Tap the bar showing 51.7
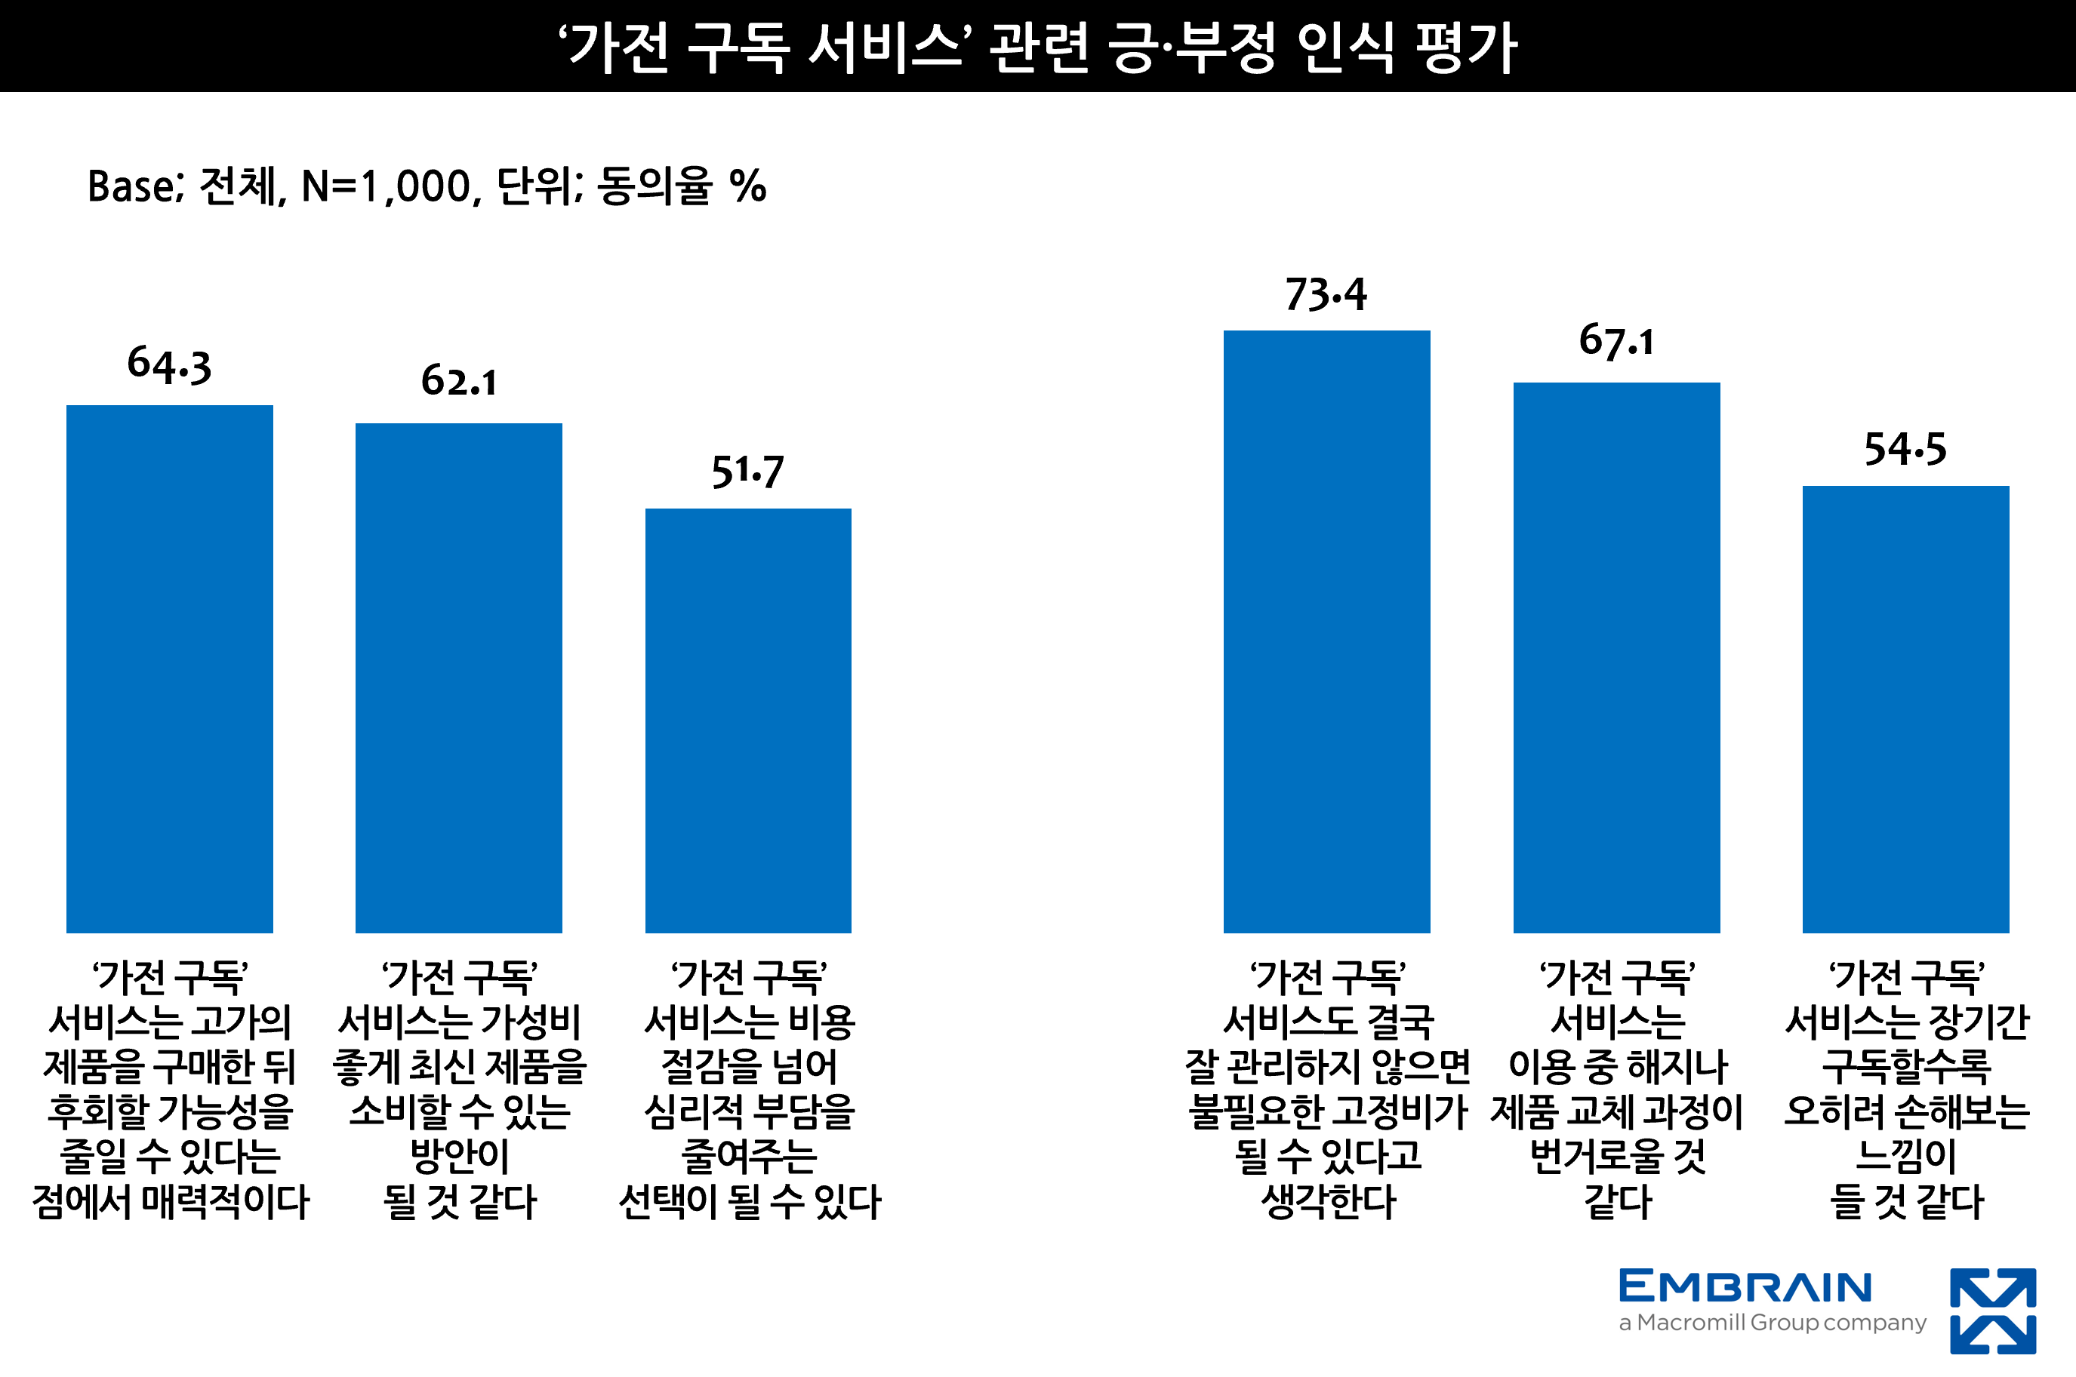click(x=747, y=720)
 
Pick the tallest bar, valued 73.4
click(x=1326, y=631)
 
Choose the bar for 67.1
click(x=1616, y=657)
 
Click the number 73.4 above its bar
click(x=1326, y=294)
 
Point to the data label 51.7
click(x=747, y=472)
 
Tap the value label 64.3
click(x=170, y=364)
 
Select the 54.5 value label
click(x=1905, y=450)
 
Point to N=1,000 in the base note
click(x=391, y=187)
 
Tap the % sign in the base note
click(x=747, y=187)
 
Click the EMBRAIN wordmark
click(x=1745, y=1286)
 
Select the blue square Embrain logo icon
click(x=1992, y=1311)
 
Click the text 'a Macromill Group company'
click(x=1772, y=1323)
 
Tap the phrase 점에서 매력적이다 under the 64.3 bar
click(x=171, y=1202)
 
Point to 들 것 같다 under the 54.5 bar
click(x=1906, y=1202)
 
